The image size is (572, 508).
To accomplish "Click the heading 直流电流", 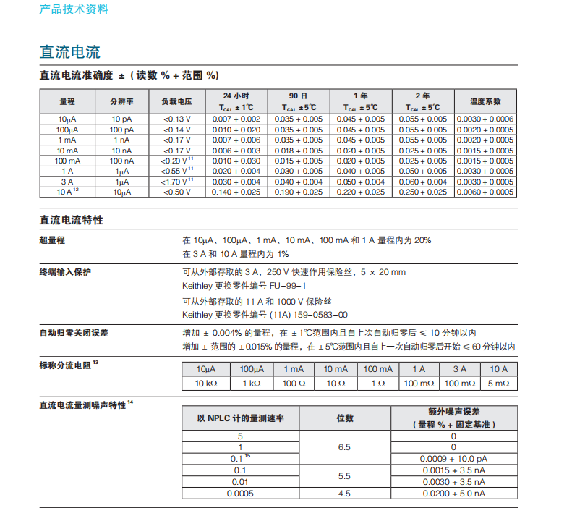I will coord(69,52).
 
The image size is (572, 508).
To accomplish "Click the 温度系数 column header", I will coord(485,102).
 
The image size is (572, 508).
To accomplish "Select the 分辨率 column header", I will coord(121,102).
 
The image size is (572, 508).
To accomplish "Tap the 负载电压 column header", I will coord(176,102).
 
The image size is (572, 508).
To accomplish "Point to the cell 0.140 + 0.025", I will coord(236,192).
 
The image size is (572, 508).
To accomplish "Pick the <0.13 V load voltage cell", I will coord(176,119).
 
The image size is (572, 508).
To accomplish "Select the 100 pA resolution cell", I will coord(121,129).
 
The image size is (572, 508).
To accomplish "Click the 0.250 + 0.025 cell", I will coord(423,192).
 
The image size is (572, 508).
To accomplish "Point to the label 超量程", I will coord(53,240).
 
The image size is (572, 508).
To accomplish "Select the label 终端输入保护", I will coord(65,272).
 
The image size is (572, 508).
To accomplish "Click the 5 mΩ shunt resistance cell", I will coord(498,383).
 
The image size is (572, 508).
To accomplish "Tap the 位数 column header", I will coord(345,418).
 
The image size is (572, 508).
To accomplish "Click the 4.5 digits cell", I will coord(345,494).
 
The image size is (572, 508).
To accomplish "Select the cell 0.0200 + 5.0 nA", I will coord(453,494).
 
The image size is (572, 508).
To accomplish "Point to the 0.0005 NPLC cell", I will coord(240,494).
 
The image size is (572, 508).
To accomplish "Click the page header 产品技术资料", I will coord(74,9).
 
